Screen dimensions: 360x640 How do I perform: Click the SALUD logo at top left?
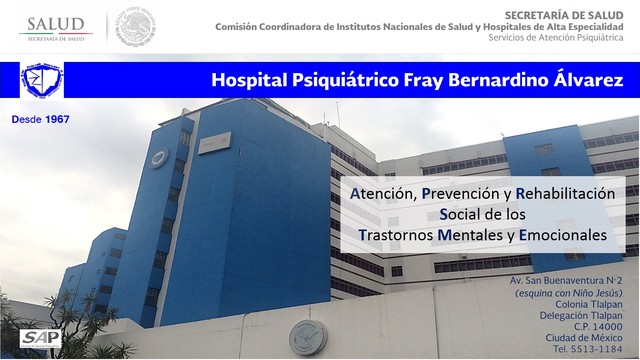[x=55, y=28]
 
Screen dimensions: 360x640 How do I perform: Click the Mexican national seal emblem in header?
[x=136, y=27]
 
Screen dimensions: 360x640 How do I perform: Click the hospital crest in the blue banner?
[x=42, y=80]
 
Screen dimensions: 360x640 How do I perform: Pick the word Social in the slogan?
[x=464, y=213]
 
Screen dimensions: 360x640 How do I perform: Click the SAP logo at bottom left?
[x=40, y=338]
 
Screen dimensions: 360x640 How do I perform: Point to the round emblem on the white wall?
[x=307, y=338]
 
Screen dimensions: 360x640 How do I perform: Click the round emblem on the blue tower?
[x=161, y=157]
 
